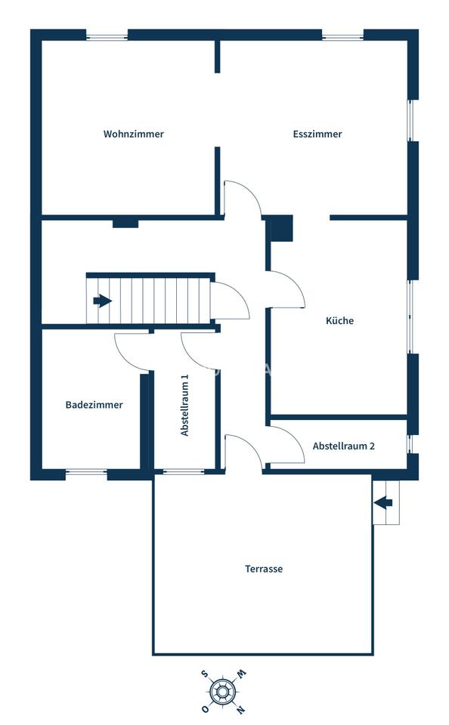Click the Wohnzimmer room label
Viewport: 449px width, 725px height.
[133, 134]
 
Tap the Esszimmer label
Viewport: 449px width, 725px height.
[317, 134]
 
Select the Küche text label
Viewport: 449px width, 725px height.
[339, 320]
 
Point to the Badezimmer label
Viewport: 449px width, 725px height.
[94, 405]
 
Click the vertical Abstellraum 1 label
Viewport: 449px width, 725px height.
[185, 405]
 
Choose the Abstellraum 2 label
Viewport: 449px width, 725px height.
[343, 446]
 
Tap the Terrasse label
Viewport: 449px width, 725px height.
[264, 569]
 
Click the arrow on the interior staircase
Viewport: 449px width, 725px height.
[102, 301]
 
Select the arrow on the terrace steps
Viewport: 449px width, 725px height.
[383, 503]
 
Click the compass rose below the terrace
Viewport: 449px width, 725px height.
[223, 692]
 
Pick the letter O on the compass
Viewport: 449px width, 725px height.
[204, 709]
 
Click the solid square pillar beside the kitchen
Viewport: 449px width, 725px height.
[281, 228]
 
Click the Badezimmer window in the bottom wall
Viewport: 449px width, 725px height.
[86, 472]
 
